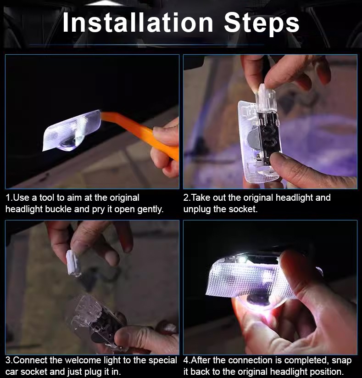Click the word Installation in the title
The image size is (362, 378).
pyautogui.click(x=138, y=23)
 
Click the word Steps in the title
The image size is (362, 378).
pyautogui.click(x=262, y=24)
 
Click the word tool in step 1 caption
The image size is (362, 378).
pyautogui.click(x=47, y=197)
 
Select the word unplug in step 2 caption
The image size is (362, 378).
pyautogui.click(x=197, y=209)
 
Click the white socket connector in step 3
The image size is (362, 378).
pyautogui.click(x=72, y=263)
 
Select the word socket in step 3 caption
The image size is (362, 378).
pyautogui.click(x=33, y=372)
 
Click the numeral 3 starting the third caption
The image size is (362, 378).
pyautogui.click(x=8, y=361)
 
